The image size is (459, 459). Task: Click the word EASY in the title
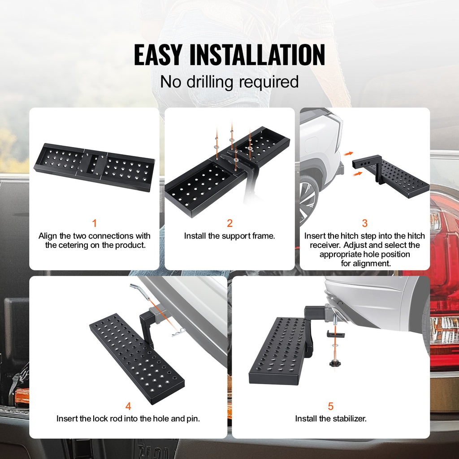pyautogui.click(x=158, y=55)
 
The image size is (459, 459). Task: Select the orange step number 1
pyautogui.click(x=94, y=223)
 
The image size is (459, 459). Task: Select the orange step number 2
pyautogui.click(x=229, y=223)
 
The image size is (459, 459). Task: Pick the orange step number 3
pyautogui.click(x=365, y=223)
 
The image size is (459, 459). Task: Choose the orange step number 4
pyautogui.click(x=128, y=406)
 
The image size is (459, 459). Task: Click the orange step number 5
pyautogui.click(x=331, y=406)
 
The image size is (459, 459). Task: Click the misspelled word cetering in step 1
pyautogui.click(x=73, y=245)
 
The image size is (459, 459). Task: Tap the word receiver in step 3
pyautogui.click(x=325, y=245)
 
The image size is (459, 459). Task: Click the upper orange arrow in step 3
pyautogui.click(x=348, y=153)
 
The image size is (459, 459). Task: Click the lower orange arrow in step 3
pyautogui.click(x=357, y=174)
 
